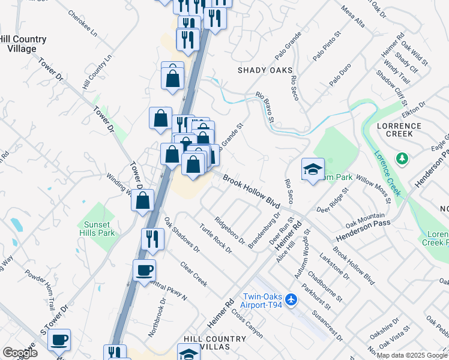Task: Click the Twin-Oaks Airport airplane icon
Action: [291, 299]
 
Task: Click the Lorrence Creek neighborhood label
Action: [399, 130]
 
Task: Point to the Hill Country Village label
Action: [22, 44]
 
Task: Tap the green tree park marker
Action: [403, 159]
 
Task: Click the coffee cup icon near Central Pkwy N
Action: [143, 271]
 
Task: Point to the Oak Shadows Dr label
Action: [181, 235]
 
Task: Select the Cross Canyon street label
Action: [246, 325]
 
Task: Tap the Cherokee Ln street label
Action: [82, 22]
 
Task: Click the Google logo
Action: [19, 353]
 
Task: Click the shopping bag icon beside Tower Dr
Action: [142, 200]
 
